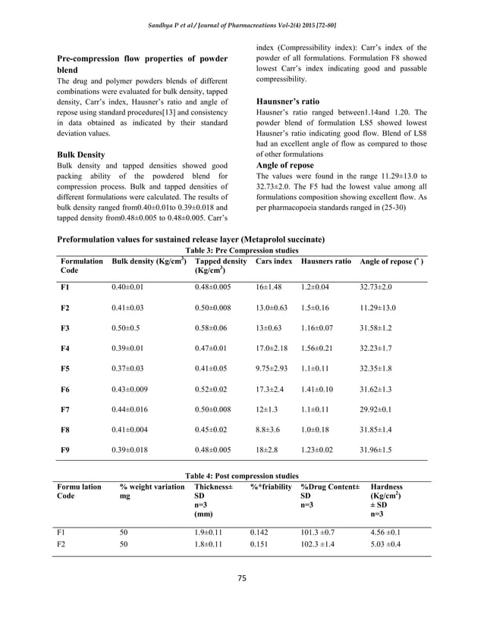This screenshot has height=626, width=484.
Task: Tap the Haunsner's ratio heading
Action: tap(288, 101)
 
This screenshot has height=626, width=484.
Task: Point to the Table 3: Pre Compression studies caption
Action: tap(242, 252)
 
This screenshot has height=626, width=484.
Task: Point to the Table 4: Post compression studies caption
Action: tap(242, 475)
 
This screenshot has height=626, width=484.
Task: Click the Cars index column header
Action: tap(274, 261)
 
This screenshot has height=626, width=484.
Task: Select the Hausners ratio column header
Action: tap(326, 261)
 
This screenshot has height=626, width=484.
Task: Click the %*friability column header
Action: tap(271, 486)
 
